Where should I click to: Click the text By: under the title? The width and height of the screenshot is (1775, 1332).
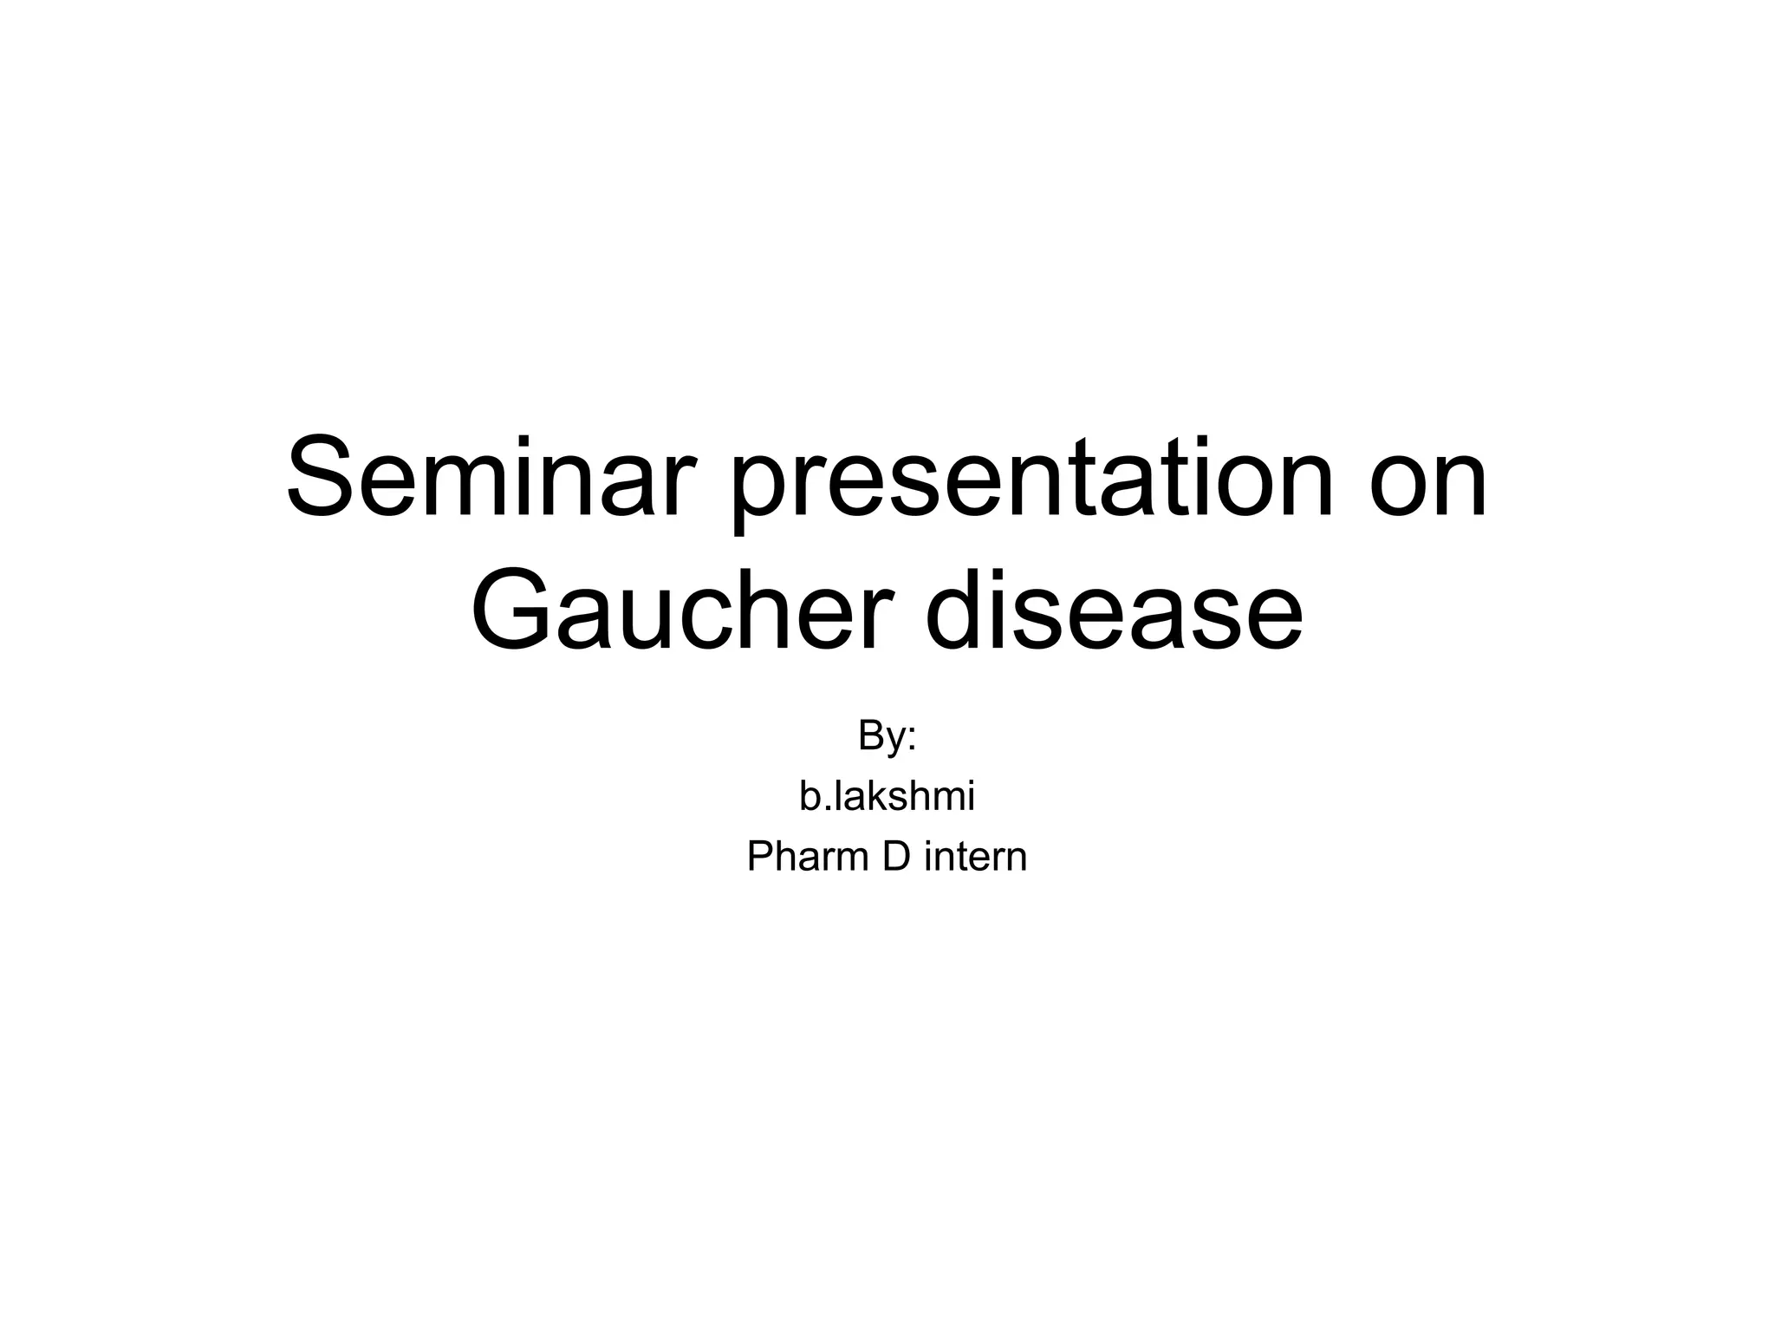coord(887,736)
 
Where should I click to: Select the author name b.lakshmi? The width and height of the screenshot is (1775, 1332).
coord(887,796)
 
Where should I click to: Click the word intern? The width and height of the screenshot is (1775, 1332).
coord(976,857)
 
